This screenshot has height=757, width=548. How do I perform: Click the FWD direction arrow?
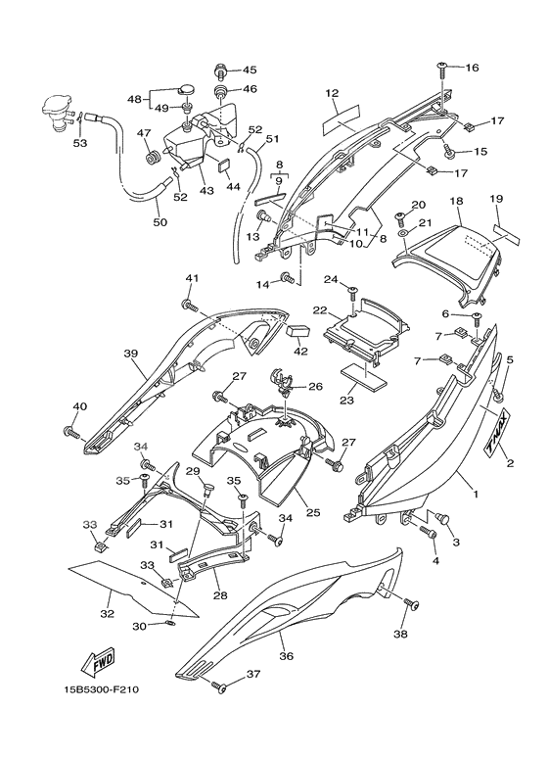tap(98, 663)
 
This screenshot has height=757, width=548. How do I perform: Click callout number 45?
tap(250, 70)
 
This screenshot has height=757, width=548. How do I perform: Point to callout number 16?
tap(472, 68)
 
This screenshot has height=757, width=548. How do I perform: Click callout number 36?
tap(286, 656)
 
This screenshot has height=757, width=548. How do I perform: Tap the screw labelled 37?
tap(219, 687)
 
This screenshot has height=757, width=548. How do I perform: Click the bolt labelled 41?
tap(190, 306)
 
